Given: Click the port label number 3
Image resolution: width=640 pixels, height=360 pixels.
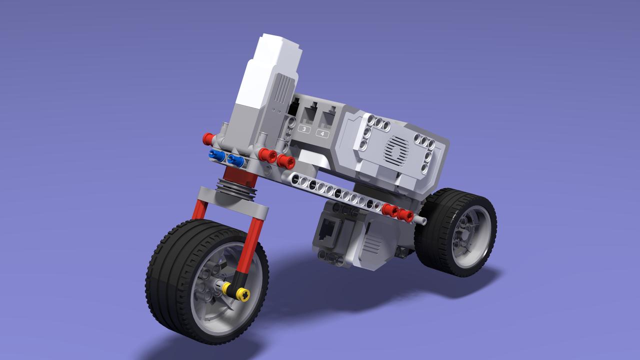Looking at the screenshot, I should [304, 129].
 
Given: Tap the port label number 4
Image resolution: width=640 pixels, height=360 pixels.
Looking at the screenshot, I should [323, 133].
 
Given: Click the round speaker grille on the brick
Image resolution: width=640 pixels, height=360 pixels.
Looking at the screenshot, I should [397, 148].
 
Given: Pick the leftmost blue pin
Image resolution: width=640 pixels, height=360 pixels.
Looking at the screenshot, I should [216, 155].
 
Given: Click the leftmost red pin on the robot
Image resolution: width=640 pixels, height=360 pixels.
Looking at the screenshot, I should [208, 137].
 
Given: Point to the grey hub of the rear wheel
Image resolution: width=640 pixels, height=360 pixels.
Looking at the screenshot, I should [467, 234].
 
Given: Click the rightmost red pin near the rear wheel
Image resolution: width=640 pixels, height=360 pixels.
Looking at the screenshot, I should [406, 216].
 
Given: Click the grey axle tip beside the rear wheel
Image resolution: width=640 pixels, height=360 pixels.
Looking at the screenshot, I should [423, 220].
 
